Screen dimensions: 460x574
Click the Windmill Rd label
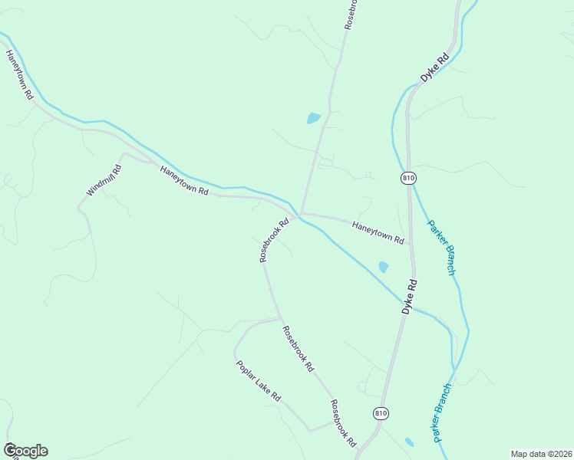tap(104, 180)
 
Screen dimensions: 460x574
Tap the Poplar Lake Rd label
tap(259, 381)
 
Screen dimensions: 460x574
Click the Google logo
tap(25, 451)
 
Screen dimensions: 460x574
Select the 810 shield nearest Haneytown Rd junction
tap(408, 178)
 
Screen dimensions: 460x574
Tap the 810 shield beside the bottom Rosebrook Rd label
tap(381, 413)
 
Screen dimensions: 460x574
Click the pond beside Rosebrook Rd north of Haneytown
tap(313, 119)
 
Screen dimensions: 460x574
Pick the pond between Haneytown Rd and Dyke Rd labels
tap(383, 267)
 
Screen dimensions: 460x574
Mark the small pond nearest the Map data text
tap(409, 442)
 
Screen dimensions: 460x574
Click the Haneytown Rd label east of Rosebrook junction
tap(378, 232)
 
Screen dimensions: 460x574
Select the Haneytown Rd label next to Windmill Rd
tap(184, 181)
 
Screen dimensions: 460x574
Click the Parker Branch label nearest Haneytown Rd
tap(442, 248)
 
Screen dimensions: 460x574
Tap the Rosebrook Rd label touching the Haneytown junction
tap(274, 240)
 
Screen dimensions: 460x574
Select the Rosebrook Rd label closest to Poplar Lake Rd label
tap(298, 350)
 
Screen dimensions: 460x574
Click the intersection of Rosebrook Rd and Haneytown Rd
tap(300, 214)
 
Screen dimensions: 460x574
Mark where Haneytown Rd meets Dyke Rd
tap(410, 247)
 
